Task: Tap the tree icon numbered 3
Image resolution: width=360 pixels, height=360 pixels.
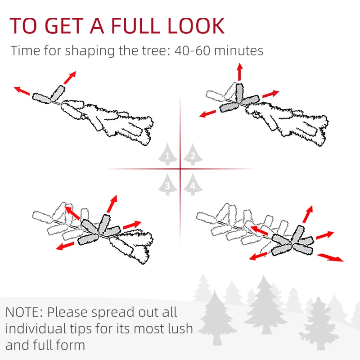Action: (x=168, y=184)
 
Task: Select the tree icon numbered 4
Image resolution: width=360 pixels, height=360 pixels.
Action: (x=193, y=184)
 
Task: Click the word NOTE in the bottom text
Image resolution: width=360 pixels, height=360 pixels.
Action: (x=24, y=312)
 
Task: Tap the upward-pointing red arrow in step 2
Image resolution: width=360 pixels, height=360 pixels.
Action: (x=240, y=72)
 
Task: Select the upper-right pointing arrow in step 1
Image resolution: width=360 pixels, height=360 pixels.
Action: (x=70, y=77)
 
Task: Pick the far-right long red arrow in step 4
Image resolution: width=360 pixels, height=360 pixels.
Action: (x=331, y=257)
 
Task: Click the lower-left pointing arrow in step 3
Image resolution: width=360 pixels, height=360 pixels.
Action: (x=66, y=246)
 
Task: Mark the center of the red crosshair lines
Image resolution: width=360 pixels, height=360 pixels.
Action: (x=180, y=169)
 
